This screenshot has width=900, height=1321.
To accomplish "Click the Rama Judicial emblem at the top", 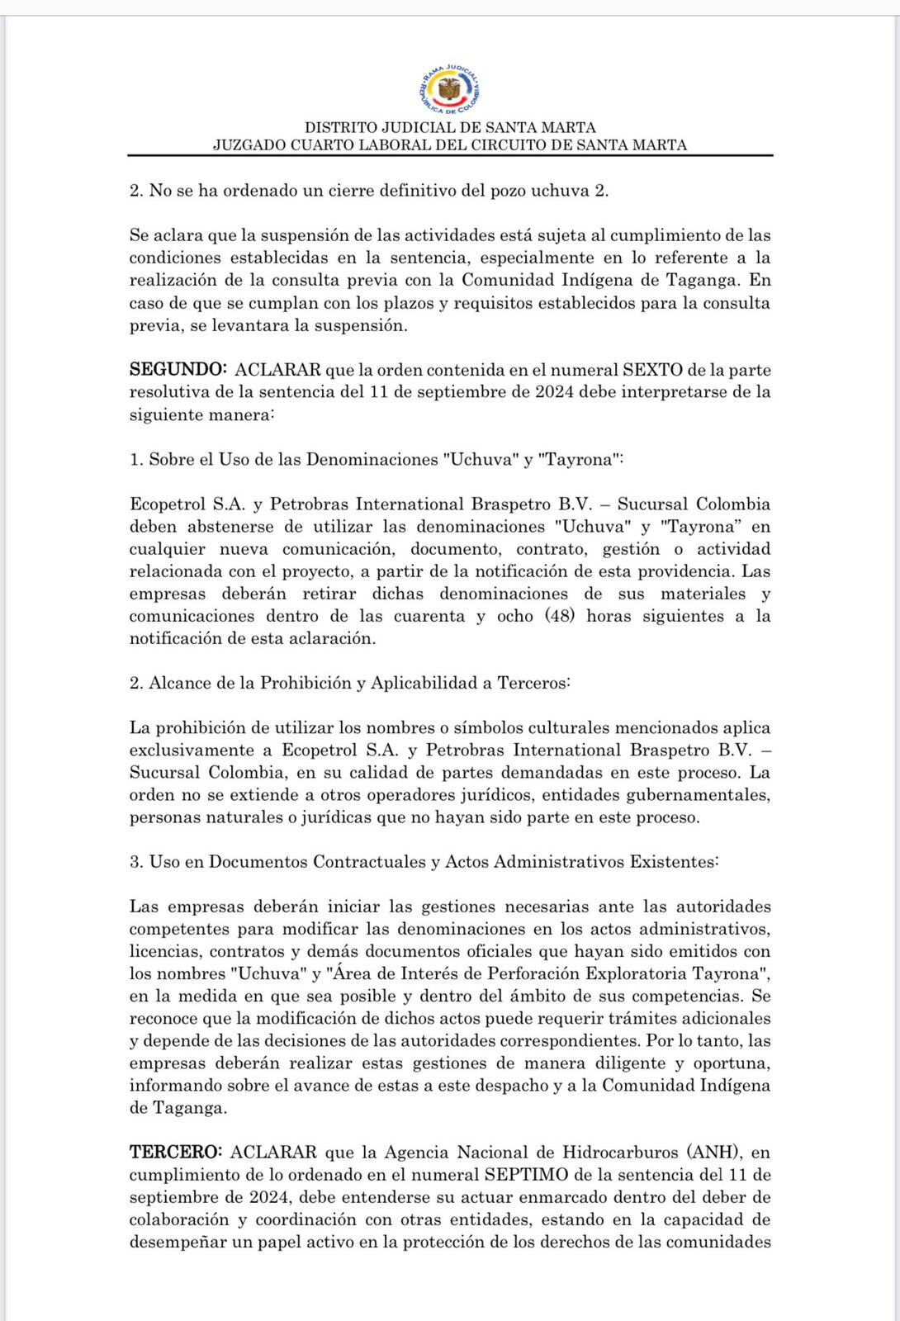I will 450,89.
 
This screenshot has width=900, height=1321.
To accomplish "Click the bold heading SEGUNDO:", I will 178,370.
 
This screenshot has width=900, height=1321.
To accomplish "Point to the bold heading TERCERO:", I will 176,1152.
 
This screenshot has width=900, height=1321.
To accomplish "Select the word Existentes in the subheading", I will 674,861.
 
